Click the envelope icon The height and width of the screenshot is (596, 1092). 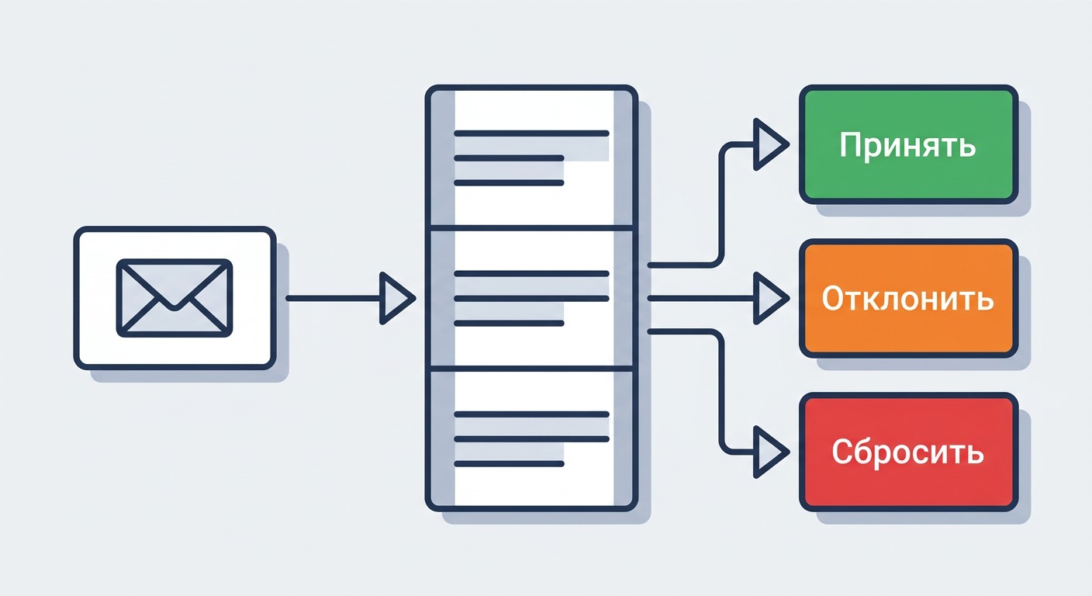pyautogui.click(x=175, y=298)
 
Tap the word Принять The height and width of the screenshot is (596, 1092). pyautogui.click(x=907, y=145)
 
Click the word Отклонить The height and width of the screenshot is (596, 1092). pyautogui.click(x=907, y=299)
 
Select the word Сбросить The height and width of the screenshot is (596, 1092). pyautogui.click(x=907, y=452)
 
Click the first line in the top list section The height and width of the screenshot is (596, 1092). pyautogui.click(x=531, y=133)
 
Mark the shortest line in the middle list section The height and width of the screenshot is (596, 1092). pyautogui.click(x=509, y=323)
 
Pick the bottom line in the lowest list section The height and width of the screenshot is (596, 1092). pyautogui.click(x=509, y=464)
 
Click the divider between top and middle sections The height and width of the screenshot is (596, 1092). pyautogui.click(x=531, y=227)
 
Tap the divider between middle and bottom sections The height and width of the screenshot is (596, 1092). pyautogui.click(x=531, y=369)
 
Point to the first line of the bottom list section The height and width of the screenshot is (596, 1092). pyautogui.click(x=531, y=414)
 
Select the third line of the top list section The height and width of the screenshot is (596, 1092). pyautogui.click(x=509, y=183)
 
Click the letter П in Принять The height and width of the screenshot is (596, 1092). pyautogui.click(x=851, y=144)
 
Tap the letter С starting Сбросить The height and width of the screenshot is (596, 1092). pyautogui.click(x=842, y=452)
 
